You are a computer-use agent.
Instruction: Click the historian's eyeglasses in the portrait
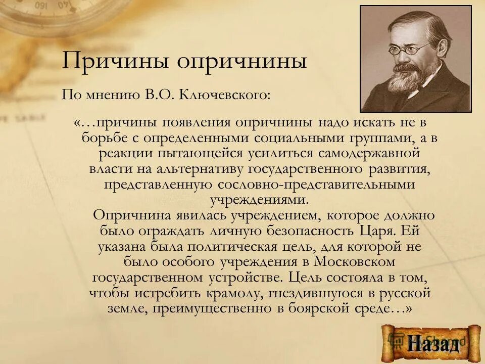pyautogui.click(x=409, y=49)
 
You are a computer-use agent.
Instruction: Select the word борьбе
pyautogui.click(x=104, y=138)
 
